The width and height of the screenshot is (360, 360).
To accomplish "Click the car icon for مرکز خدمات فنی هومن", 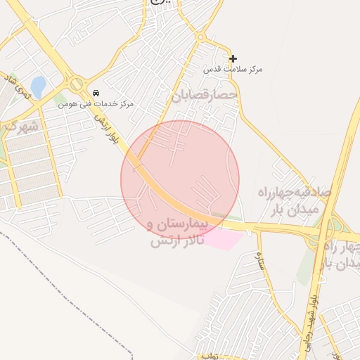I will point(96,93).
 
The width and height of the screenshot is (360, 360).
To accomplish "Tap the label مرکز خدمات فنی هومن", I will point(96,104).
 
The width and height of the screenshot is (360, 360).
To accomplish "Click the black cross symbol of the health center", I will point(233,58).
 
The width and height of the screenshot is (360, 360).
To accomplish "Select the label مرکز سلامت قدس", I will point(233,70).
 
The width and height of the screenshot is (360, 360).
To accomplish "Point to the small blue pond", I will point(38,87).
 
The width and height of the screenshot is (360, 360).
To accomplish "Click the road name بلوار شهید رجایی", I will point(311,309).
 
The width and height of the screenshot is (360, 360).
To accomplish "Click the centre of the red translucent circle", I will point(180,180).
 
